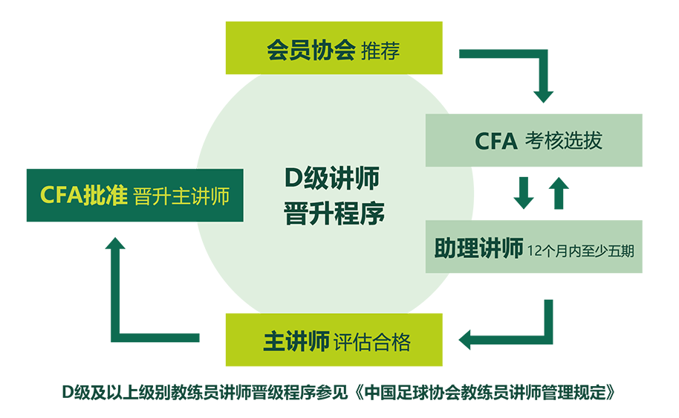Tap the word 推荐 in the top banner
380,52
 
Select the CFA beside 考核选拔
496,141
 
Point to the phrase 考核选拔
563,141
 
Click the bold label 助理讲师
478,249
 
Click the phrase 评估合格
372,343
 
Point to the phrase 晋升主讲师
181,196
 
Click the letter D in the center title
293,179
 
